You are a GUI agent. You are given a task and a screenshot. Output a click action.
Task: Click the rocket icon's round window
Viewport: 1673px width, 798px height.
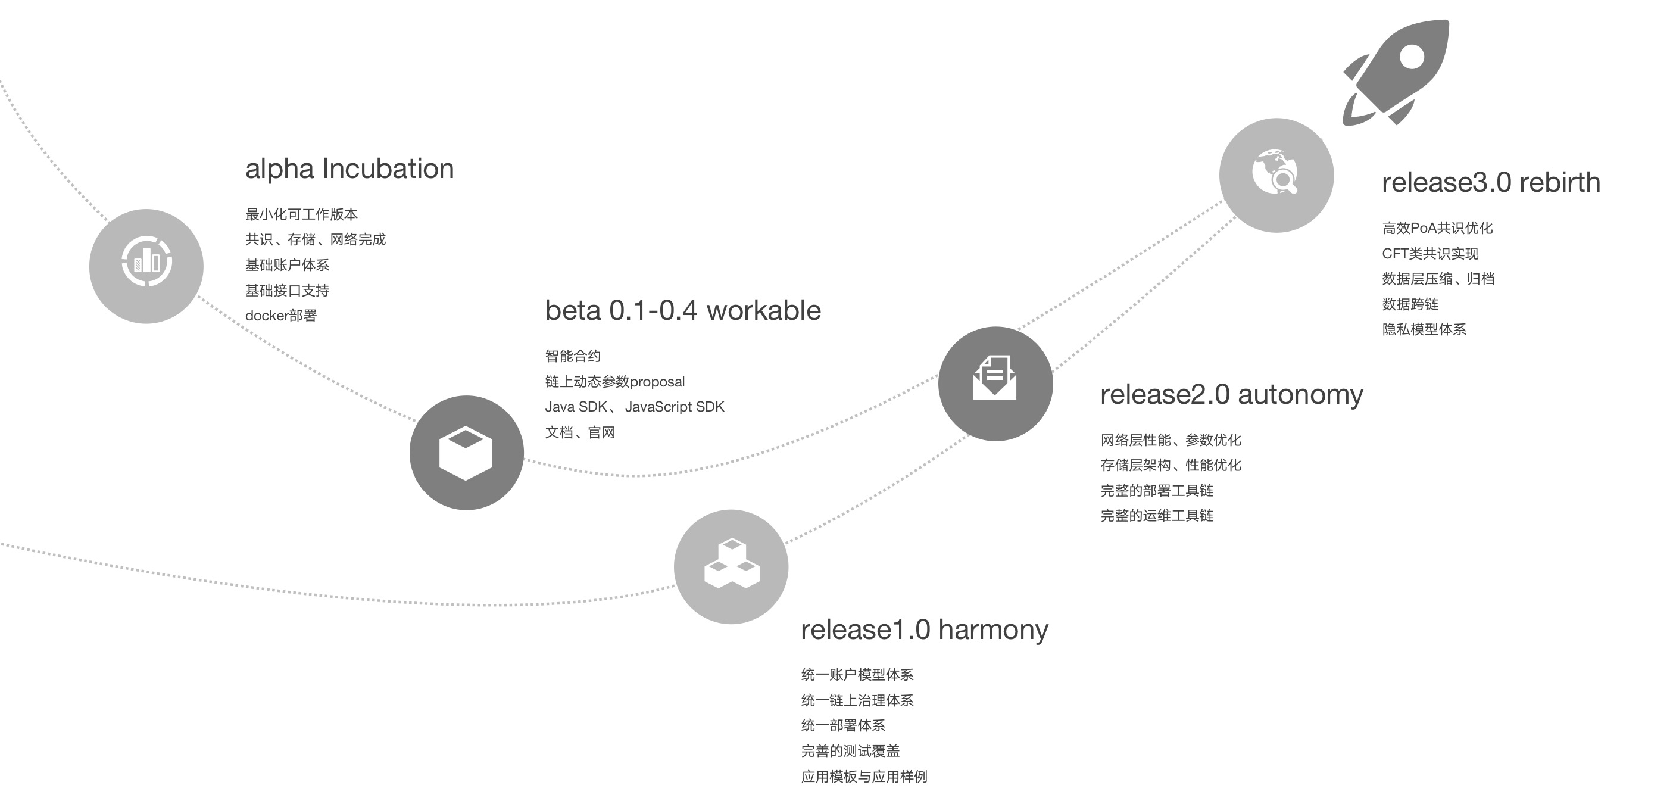coord(1411,57)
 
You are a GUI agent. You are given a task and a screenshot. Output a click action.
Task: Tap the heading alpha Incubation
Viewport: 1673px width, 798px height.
coord(349,169)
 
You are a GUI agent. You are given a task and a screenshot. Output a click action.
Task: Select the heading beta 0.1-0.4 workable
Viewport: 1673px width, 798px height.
coord(682,311)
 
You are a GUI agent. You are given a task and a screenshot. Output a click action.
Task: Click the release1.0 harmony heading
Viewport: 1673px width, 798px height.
coord(924,629)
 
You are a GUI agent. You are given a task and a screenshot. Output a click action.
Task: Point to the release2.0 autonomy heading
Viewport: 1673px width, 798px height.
coord(1231,394)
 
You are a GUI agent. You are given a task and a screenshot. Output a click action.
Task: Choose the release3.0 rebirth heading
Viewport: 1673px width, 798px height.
coord(1490,183)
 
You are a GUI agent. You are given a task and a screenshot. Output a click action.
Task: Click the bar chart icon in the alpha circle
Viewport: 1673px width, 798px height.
coord(147,261)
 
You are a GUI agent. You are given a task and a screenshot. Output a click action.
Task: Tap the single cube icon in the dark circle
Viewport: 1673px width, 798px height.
coord(466,453)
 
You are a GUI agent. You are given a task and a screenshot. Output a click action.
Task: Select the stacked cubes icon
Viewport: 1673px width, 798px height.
coord(731,564)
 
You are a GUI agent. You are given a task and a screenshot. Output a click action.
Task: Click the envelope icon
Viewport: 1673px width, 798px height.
coord(994,377)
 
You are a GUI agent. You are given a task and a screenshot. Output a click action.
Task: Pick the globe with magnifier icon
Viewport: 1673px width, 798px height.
coord(1275,172)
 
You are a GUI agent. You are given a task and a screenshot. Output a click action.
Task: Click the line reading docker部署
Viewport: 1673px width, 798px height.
coord(280,316)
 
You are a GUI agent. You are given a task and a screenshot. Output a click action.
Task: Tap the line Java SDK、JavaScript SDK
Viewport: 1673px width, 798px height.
coord(634,407)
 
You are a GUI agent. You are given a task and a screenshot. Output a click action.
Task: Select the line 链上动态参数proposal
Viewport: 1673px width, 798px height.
coord(614,382)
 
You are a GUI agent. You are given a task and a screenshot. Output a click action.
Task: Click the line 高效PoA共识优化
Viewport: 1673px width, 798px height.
coord(1437,228)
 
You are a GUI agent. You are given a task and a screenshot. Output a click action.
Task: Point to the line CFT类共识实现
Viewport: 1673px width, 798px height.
coord(1429,254)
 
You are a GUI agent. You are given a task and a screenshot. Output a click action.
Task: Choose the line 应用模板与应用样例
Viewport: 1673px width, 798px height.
coord(864,777)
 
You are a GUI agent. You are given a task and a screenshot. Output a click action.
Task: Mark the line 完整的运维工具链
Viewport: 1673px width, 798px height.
coord(1157,516)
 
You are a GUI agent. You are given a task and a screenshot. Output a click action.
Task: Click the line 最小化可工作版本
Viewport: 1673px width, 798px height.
coord(301,214)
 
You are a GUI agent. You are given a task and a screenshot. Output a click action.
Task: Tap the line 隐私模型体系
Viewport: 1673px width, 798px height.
coord(1424,329)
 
